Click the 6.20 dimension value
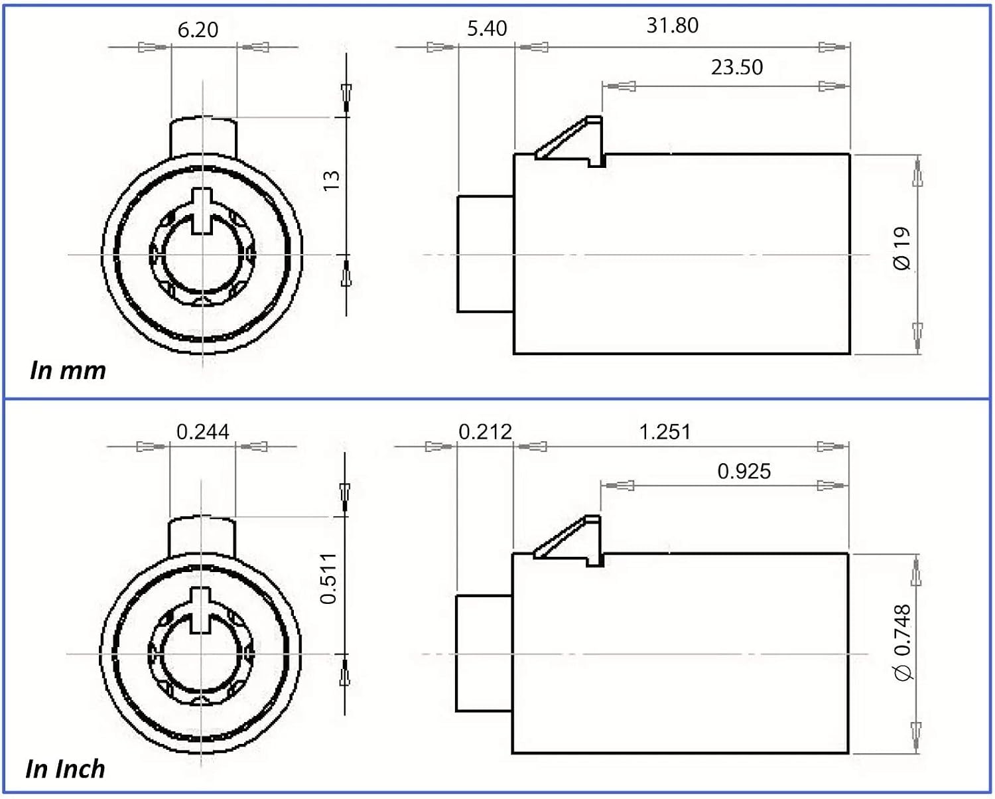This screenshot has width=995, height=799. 198,30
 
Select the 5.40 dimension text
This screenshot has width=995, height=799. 487,29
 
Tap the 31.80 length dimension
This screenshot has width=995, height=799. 672,25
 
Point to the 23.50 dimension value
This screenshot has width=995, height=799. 737,68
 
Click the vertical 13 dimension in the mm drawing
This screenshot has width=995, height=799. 332,181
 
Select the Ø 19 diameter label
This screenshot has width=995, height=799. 902,248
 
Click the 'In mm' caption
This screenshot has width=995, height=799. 68,370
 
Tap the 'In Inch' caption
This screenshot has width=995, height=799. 65,769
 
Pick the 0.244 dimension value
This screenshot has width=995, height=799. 202,432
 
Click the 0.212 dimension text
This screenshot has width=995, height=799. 485,432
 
